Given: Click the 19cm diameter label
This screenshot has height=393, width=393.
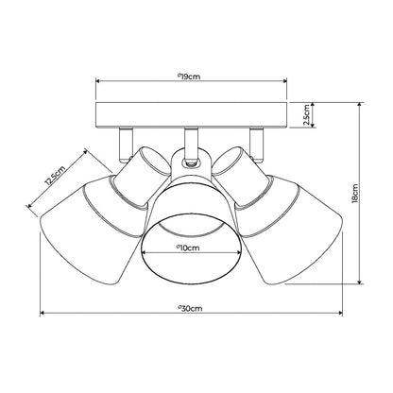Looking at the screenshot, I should coord(190,76).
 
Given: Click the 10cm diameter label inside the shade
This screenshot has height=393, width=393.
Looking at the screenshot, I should coord(190,248).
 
